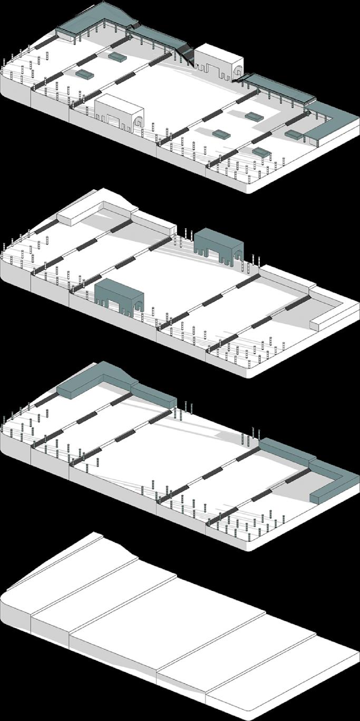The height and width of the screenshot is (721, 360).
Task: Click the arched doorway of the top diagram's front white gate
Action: pos(138,122)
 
